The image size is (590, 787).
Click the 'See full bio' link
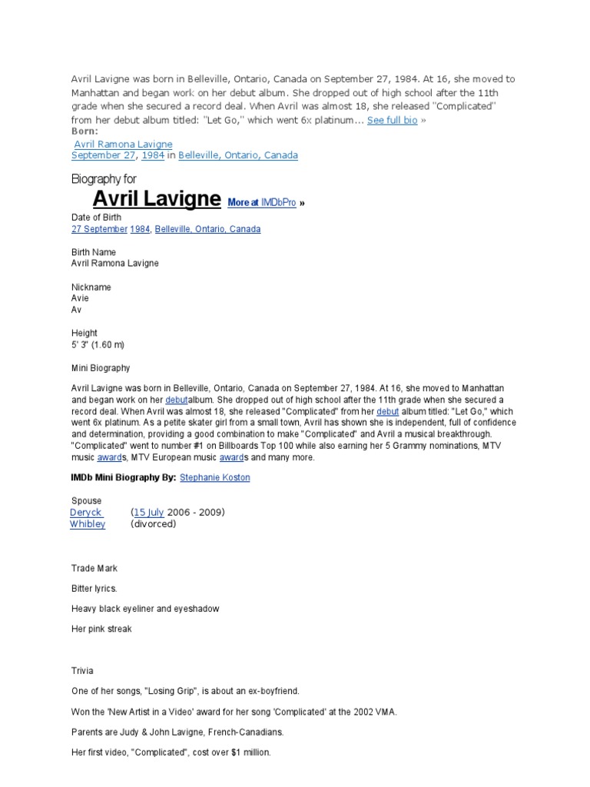pos(392,121)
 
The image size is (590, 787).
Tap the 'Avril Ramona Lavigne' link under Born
pos(123,144)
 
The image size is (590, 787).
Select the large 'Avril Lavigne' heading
pos(157,200)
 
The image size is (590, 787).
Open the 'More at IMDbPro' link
pos(262,203)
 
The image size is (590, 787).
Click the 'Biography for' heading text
pos(104,179)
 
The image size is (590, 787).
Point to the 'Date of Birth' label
pos(96,218)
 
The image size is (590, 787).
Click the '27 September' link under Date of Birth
pos(99,229)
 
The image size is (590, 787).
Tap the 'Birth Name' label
pos(94,252)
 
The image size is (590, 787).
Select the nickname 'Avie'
pos(80,298)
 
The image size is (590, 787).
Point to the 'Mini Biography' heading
pos(101,368)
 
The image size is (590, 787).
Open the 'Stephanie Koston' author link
pos(214,477)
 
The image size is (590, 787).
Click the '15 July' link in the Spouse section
pos(149,513)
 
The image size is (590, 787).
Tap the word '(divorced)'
pos(154,524)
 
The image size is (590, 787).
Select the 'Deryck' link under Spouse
pos(86,513)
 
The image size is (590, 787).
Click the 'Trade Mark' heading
pos(94,569)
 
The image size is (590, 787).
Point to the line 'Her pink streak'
pos(101,629)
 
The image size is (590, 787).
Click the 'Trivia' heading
pos(82,671)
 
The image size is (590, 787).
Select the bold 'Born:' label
pos(85,131)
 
